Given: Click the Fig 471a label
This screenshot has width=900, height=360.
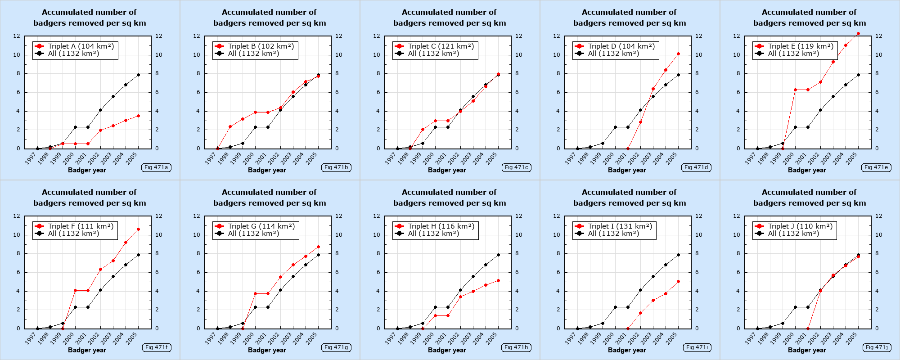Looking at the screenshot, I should (x=156, y=167).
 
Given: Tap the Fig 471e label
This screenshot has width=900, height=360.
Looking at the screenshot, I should (x=876, y=167).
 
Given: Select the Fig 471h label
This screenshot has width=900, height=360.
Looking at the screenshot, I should (x=516, y=347).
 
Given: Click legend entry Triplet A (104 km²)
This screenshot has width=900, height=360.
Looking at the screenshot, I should (x=81, y=46).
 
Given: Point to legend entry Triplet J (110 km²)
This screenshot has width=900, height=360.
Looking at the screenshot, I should (x=800, y=226).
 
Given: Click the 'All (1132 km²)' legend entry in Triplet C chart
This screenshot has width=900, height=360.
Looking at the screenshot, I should (x=433, y=54).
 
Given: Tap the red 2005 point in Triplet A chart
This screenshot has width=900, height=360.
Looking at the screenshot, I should (x=138, y=116).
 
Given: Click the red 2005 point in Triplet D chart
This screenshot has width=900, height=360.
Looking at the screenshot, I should (x=678, y=54).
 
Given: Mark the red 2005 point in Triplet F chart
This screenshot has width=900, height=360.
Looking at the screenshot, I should (x=138, y=229).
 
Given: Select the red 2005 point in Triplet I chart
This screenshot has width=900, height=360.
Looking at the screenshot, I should (x=678, y=282).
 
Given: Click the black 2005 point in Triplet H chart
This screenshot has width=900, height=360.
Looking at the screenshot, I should (x=498, y=255).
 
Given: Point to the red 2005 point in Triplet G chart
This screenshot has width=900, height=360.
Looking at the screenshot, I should (x=318, y=247).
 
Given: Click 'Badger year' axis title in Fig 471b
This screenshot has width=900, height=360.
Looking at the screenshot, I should (x=267, y=170).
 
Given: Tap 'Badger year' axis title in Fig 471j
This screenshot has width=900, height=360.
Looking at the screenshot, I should (x=807, y=350).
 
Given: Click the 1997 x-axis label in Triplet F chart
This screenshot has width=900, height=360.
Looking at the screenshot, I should (x=31, y=339).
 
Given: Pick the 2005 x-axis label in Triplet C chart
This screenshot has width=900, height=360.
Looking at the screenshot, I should (x=491, y=159).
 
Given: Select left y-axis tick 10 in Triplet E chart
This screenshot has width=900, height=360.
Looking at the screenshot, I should (x=737, y=55).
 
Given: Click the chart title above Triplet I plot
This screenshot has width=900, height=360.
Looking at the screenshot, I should (x=629, y=198).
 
